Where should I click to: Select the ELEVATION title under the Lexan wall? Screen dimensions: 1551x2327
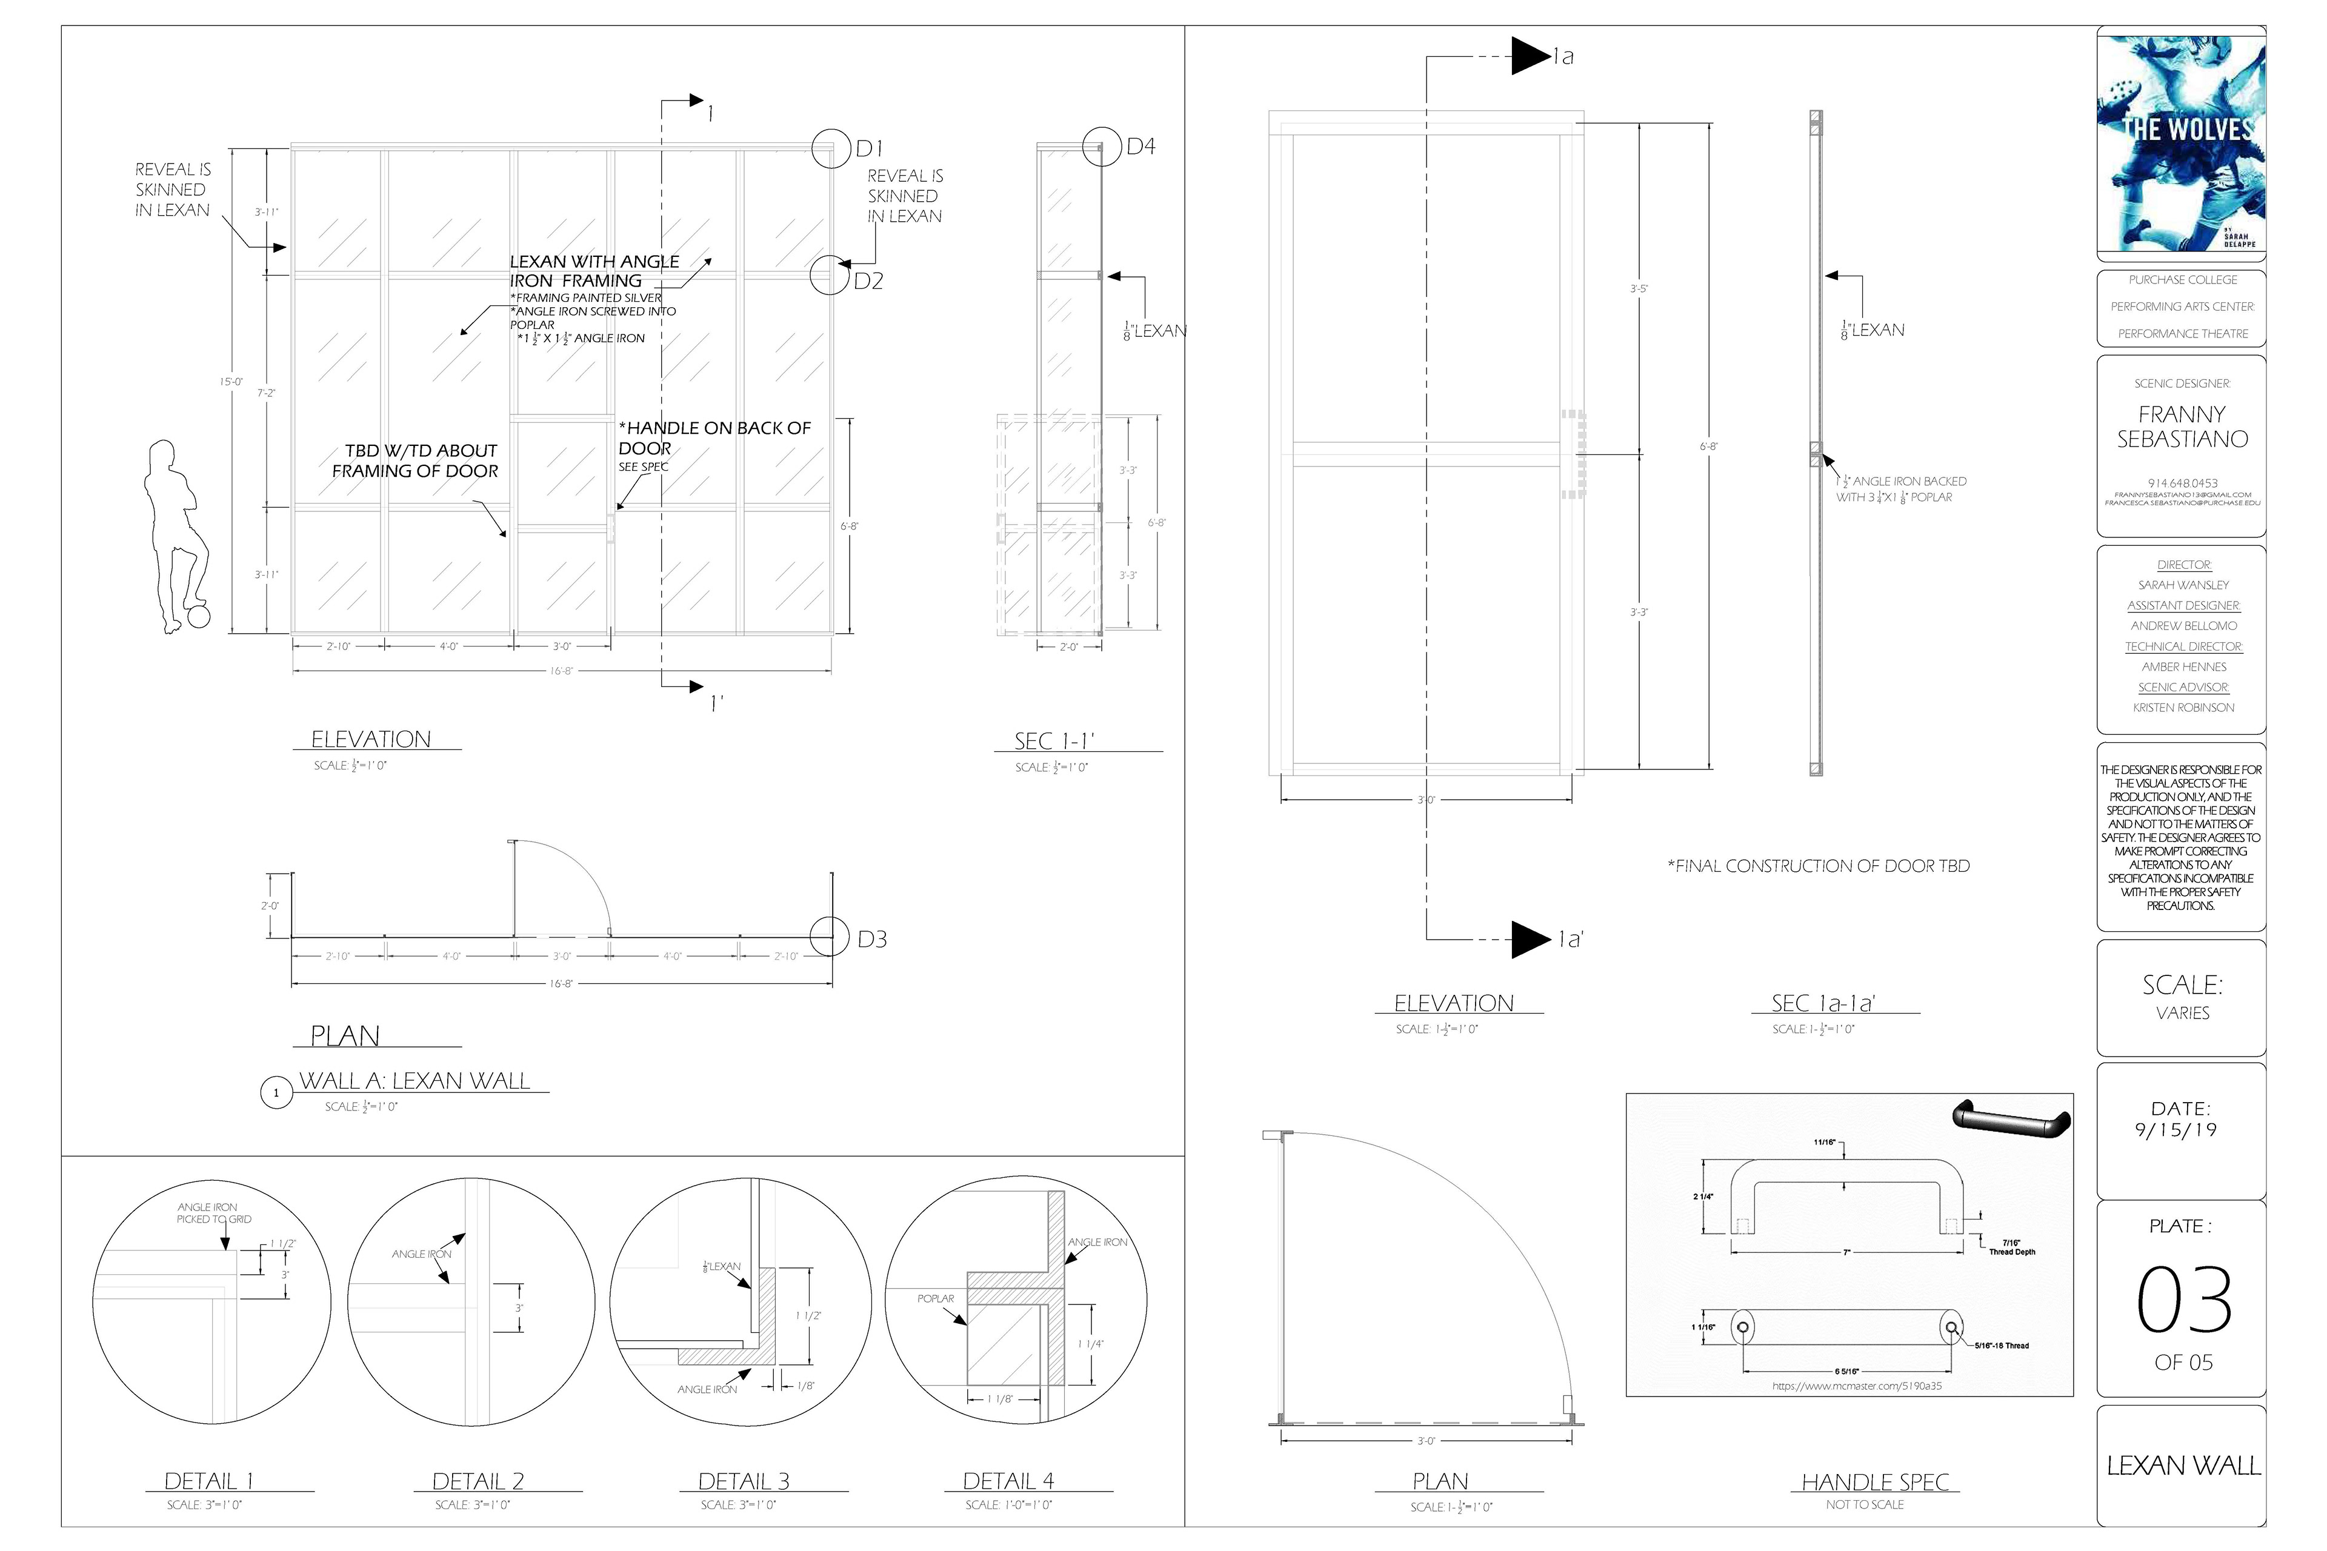[x=371, y=740]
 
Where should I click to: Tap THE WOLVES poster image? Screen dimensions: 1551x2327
[x=2180, y=144]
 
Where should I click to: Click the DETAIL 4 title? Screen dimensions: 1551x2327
[x=1008, y=1481]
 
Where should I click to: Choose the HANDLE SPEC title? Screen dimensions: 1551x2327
[x=1875, y=1482]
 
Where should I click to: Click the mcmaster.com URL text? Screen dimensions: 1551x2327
[x=1857, y=1386]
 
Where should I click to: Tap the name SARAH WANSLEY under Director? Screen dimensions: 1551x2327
[x=2183, y=585]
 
